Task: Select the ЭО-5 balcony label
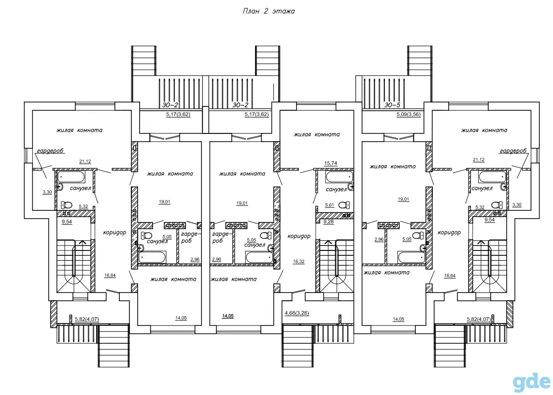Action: click(392, 105)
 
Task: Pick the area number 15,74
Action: click(330, 163)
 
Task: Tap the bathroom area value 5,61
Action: click(329, 205)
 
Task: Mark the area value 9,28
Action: click(328, 222)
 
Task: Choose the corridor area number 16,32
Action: click(298, 262)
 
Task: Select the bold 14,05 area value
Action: click(228, 316)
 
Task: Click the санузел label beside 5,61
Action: click(336, 190)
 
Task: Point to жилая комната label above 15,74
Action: click(317, 134)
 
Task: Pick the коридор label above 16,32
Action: click(299, 236)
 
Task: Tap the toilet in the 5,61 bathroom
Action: click(344, 205)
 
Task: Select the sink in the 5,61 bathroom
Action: click(351, 187)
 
